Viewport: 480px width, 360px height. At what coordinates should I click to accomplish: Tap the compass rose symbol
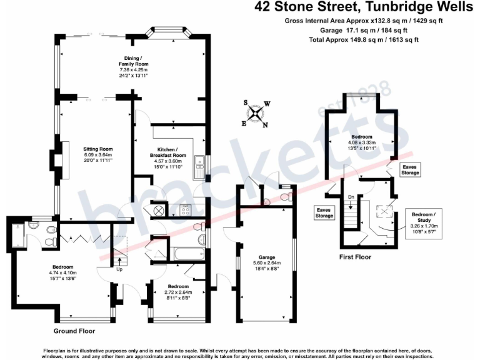pyautogui.click(x=256, y=113)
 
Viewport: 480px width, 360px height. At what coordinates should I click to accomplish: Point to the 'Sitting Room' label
pyautogui.click(x=97, y=149)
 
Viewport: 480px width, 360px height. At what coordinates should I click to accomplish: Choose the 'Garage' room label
pyautogui.click(x=267, y=257)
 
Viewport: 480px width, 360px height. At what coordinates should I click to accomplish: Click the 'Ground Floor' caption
pyautogui.click(x=74, y=330)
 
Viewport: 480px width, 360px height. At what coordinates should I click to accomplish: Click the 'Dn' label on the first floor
pyautogui.click(x=351, y=197)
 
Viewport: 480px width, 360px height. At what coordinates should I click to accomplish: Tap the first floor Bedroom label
pyautogui.click(x=362, y=136)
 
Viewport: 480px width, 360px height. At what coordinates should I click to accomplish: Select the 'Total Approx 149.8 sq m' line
pyautogui.click(x=364, y=39)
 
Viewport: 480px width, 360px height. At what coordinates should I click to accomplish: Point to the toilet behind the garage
pyautogui.click(x=285, y=197)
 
